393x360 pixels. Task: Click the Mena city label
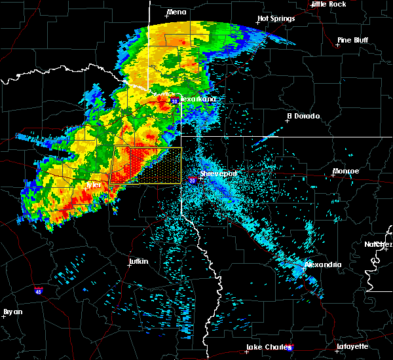(x=176, y=12)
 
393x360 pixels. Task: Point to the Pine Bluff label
(x=352, y=40)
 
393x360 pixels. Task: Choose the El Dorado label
(x=303, y=116)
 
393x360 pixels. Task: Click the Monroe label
(x=346, y=171)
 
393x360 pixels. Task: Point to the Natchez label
(x=379, y=244)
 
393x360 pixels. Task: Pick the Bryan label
(x=12, y=312)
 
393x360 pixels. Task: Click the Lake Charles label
(x=267, y=347)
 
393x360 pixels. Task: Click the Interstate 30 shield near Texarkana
(x=175, y=101)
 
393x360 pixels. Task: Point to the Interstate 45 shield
(x=39, y=292)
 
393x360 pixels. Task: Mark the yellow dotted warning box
(x=145, y=165)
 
